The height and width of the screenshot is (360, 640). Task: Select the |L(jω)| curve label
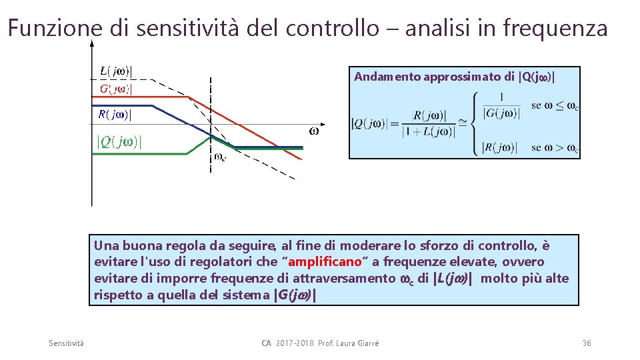(x=116, y=71)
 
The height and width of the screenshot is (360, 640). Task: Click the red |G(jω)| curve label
(x=116, y=89)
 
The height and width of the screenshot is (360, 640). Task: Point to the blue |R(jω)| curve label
(x=115, y=115)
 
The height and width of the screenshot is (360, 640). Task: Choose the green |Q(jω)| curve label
(x=120, y=142)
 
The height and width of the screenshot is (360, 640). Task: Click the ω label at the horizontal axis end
(x=314, y=131)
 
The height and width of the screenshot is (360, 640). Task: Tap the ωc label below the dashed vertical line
(x=219, y=158)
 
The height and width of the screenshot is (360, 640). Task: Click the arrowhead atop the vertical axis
(x=92, y=43)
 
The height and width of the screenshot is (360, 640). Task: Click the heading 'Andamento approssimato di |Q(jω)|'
(x=454, y=77)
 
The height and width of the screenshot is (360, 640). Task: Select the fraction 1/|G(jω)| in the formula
(x=501, y=106)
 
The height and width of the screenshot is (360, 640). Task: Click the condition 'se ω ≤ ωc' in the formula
(x=555, y=105)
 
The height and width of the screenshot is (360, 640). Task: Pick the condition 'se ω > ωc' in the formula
(x=555, y=147)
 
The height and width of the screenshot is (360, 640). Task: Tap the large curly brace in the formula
(x=473, y=124)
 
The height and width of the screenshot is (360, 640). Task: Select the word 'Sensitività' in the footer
(x=67, y=343)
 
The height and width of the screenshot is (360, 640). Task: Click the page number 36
(x=587, y=343)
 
